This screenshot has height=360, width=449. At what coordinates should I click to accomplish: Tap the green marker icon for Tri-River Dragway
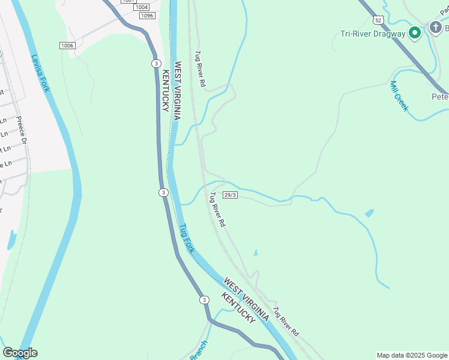[414, 33]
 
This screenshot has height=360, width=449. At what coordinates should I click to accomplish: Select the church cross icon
[435, 27]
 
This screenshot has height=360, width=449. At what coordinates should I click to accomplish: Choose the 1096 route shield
[147, 16]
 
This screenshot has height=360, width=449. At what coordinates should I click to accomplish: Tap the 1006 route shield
[67, 46]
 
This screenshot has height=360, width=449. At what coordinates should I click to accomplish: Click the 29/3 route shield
[231, 195]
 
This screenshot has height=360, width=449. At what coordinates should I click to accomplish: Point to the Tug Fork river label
[187, 238]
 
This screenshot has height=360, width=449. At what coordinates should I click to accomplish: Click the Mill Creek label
[399, 96]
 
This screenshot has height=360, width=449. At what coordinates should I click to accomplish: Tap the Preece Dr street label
[22, 130]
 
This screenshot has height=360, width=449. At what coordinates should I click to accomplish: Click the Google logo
[20, 353]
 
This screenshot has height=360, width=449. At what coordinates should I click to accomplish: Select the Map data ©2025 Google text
[411, 355]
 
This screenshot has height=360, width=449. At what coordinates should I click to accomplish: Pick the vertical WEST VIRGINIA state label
[177, 91]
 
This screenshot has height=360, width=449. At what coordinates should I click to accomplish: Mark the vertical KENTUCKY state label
[165, 91]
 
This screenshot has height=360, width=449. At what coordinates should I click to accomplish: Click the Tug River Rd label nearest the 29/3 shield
[217, 209]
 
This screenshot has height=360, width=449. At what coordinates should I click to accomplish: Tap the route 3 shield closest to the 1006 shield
[155, 63]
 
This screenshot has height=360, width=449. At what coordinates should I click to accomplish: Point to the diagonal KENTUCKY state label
[238, 308]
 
